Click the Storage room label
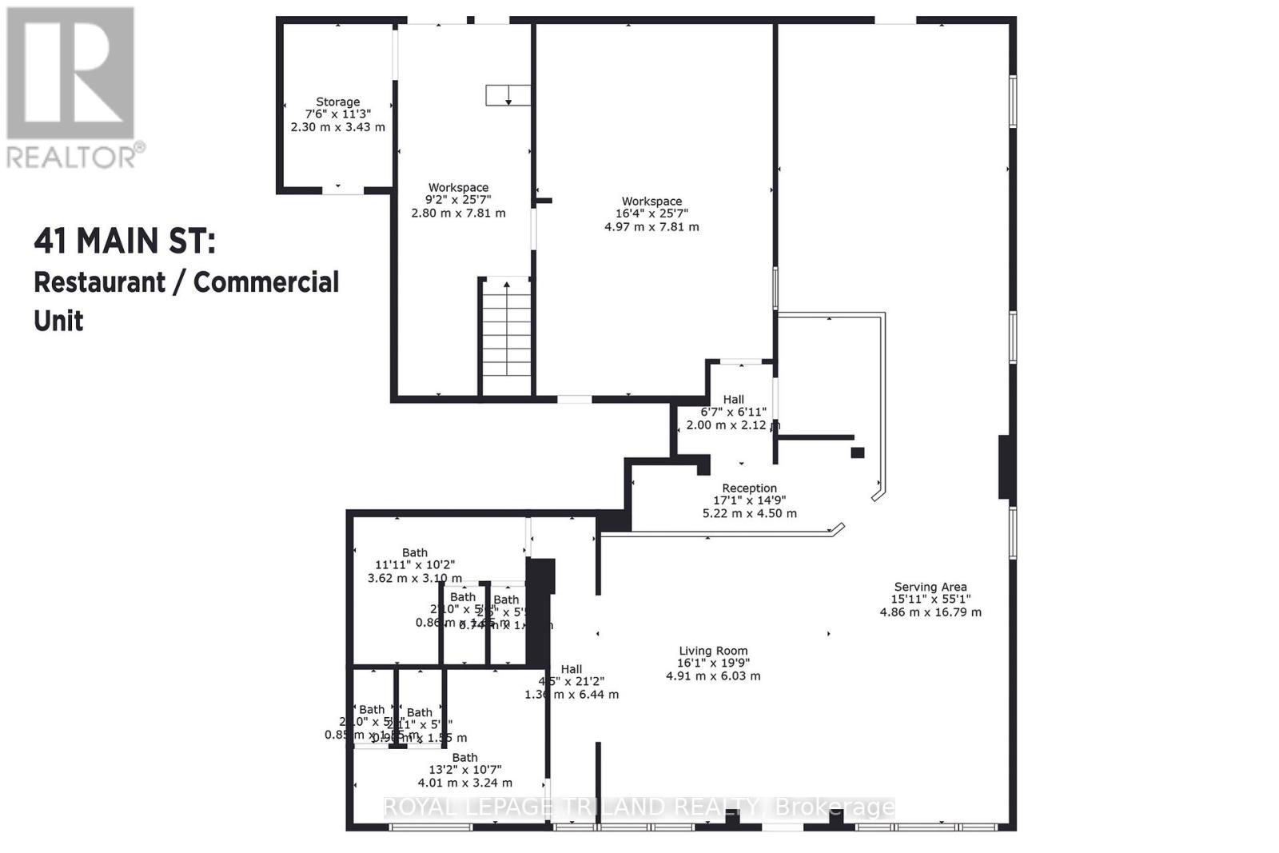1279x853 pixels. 337,102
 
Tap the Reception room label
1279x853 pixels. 749,488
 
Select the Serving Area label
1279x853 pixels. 930,587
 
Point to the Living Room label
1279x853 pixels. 713,651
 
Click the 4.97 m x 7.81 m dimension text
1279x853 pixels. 651,227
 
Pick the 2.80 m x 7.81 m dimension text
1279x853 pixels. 458,213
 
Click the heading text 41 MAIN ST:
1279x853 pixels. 124,241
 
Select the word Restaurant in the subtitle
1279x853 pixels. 100,282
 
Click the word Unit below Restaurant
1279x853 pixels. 58,321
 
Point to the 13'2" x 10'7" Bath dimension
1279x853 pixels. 465,770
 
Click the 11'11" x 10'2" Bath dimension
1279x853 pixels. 415,564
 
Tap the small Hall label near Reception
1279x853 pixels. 733,400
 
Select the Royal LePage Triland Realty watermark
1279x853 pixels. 639,807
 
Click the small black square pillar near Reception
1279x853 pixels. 858,452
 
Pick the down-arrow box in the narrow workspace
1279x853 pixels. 508,95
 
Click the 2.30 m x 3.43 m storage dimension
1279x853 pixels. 337,127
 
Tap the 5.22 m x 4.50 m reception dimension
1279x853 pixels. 749,513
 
